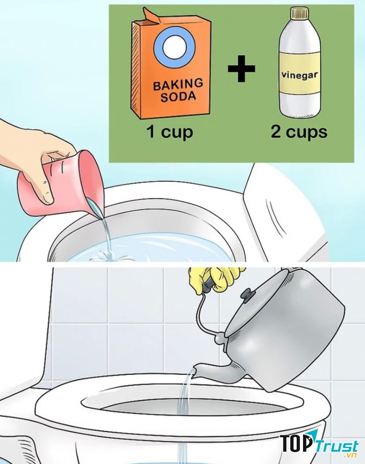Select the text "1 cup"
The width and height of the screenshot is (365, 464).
169,132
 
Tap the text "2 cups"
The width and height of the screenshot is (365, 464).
299,132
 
